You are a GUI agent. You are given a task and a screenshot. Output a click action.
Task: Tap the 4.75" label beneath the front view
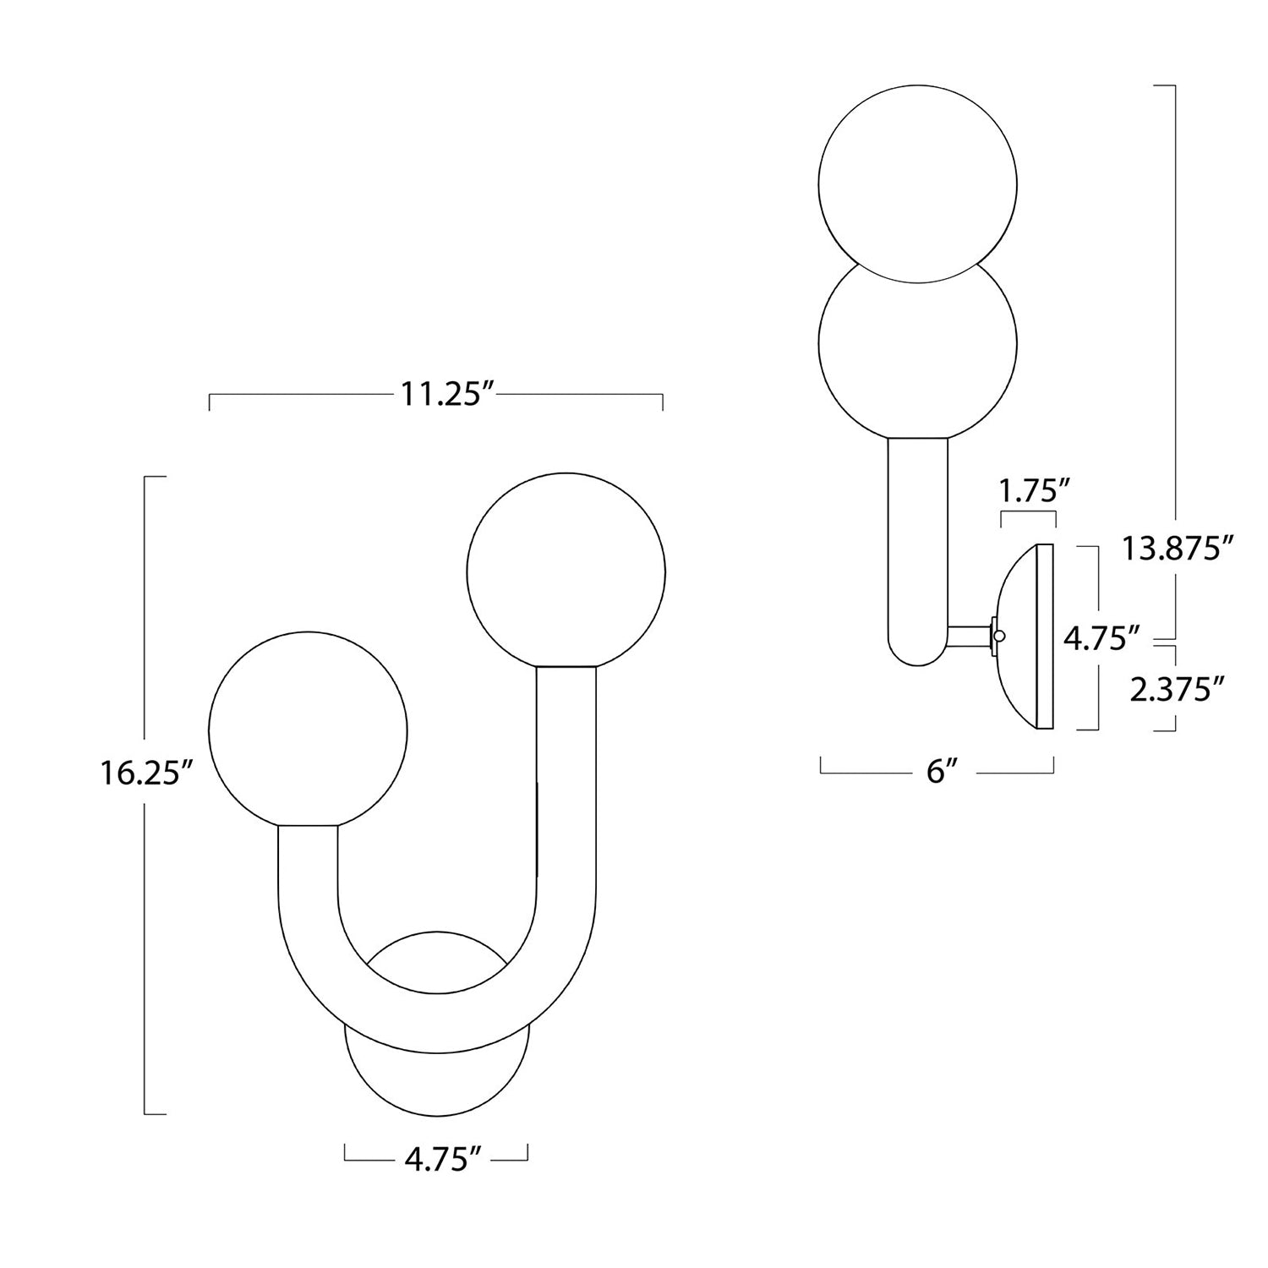(435, 1160)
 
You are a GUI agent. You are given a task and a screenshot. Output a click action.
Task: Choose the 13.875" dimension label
(1175, 549)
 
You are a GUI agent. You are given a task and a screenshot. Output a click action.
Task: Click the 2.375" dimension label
(1177, 689)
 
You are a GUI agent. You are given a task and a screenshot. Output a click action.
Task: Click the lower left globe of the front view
(308, 728)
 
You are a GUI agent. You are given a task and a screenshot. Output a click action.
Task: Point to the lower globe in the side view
(918, 347)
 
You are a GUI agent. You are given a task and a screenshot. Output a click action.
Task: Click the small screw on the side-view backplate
(1000, 636)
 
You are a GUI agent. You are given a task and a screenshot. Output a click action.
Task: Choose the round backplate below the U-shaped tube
(437, 1086)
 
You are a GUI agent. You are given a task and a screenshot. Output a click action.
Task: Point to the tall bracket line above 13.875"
(1175, 296)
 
